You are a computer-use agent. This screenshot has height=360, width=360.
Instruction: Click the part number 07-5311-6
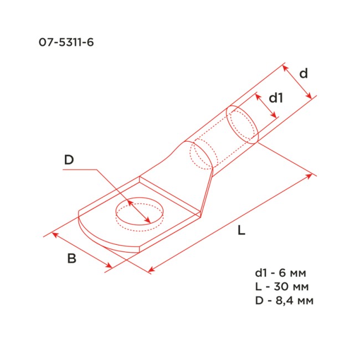[63, 42]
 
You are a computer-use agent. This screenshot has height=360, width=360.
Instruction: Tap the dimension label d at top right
[303, 73]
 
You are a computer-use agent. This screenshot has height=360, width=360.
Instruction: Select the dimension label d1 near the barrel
[276, 98]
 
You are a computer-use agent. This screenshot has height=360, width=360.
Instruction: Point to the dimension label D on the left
[69, 160]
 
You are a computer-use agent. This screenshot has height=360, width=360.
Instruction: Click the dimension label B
[71, 259]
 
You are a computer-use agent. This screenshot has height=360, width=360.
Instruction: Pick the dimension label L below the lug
[241, 232]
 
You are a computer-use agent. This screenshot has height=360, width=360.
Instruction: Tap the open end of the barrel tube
[243, 125]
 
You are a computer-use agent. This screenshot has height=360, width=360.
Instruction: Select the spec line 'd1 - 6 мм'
[279, 273]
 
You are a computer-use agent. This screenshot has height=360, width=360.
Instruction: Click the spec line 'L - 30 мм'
[281, 287]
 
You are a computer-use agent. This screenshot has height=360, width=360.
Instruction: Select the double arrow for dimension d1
[266, 105]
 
